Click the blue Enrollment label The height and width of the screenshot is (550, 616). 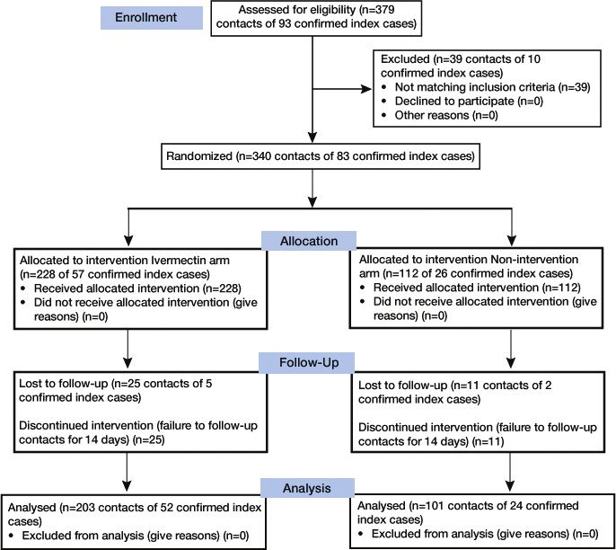(152, 18)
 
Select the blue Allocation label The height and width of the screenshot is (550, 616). (309, 241)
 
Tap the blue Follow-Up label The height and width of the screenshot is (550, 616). (306, 362)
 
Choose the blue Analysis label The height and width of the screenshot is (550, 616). (307, 488)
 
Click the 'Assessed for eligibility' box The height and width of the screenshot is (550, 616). (316, 18)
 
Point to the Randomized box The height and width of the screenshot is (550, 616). (321, 156)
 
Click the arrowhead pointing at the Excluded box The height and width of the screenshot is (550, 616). (365, 89)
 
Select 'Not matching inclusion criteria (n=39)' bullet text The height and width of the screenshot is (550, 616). (492, 87)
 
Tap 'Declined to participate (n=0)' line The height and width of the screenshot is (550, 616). (469, 101)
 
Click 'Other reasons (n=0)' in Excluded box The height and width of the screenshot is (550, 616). (446, 115)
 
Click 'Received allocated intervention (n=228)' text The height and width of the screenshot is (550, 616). (137, 288)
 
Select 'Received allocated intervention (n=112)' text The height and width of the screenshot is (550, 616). (477, 288)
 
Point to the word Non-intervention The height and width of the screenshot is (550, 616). (534, 260)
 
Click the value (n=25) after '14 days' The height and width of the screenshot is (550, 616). (149, 439)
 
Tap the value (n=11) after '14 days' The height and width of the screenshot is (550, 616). (488, 441)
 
